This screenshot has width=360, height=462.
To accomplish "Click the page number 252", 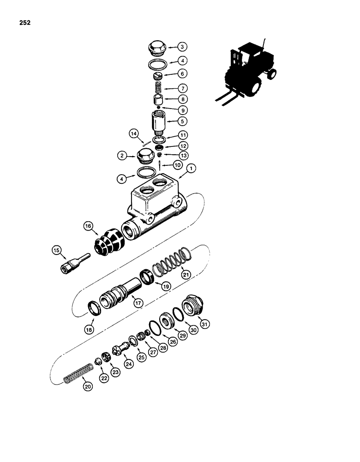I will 25,22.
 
